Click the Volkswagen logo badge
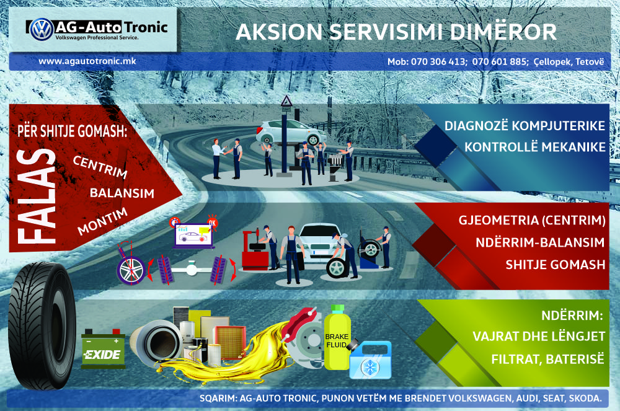(x=42, y=29)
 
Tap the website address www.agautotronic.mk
(x=87, y=61)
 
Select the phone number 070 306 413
(x=438, y=61)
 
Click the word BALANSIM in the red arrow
(x=122, y=193)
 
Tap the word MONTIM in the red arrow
(x=102, y=221)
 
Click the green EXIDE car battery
(x=103, y=348)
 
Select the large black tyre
(x=42, y=326)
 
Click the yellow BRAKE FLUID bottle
(x=337, y=338)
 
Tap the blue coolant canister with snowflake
(x=371, y=360)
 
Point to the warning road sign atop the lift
(x=286, y=101)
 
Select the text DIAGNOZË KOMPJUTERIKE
(x=525, y=126)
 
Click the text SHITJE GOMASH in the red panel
(x=555, y=264)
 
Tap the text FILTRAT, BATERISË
(x=547, y=359)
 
